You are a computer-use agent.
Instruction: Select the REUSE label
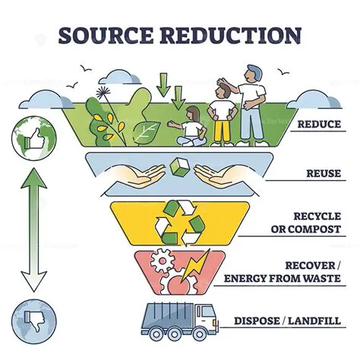[321, 174]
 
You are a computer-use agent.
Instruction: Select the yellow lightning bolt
[198, 266]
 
